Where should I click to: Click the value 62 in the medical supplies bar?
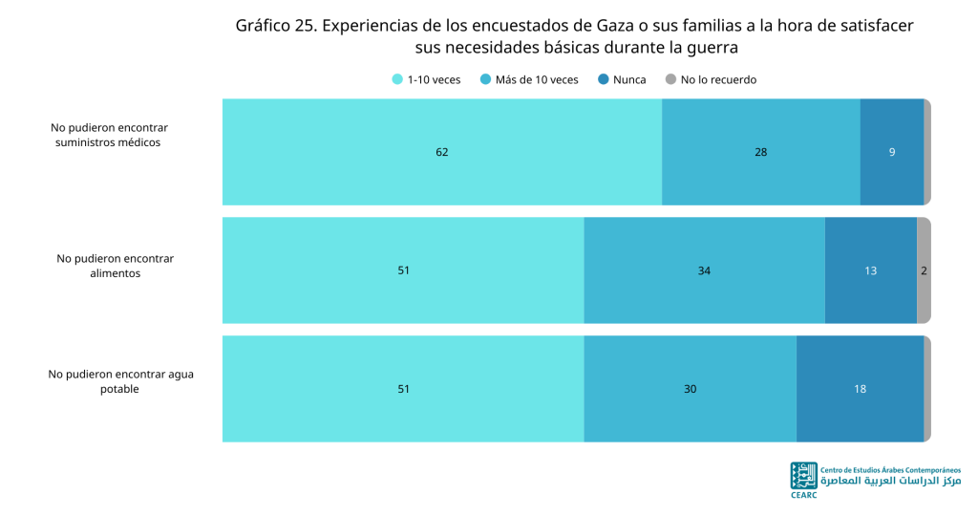point(441,152)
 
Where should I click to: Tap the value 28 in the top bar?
point(760,152)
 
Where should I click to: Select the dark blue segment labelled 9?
point(892,152)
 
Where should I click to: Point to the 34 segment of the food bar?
point(704,270)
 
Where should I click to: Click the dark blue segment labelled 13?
point(871,270)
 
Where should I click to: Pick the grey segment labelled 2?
point(924,270)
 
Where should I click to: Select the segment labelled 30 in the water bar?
point(690,389)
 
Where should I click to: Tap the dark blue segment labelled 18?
point(861,389)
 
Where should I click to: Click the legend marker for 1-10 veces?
point(397,79)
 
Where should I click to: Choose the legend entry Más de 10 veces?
point(529,79)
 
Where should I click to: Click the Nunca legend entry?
point(622,79)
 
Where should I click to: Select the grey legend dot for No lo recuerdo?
point(670,79)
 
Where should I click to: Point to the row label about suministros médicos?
point(109,135)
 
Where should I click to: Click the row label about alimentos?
point(116,266)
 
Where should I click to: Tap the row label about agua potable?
point(120,381)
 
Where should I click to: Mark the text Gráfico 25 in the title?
point(275,26)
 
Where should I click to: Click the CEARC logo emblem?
point(803,476)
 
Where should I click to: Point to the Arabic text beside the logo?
point(891,481)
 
